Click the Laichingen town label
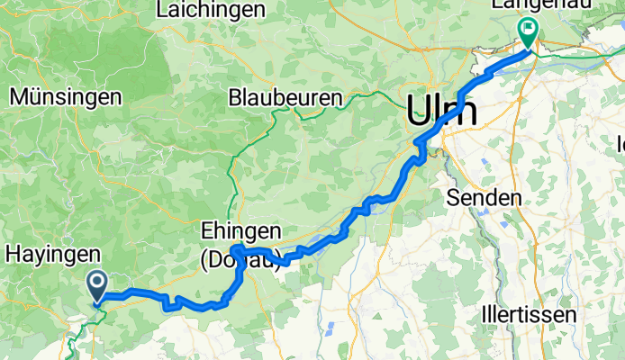click(x=211, y=11)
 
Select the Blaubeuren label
click(x=285, y=97)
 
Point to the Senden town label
click(x=491, y=197)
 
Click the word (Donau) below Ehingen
click(x=239, y=258)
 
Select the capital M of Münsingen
click(x=17, y=95)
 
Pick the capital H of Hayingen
click(x=13, y=255)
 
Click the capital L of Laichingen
click(x=162, y=11)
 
